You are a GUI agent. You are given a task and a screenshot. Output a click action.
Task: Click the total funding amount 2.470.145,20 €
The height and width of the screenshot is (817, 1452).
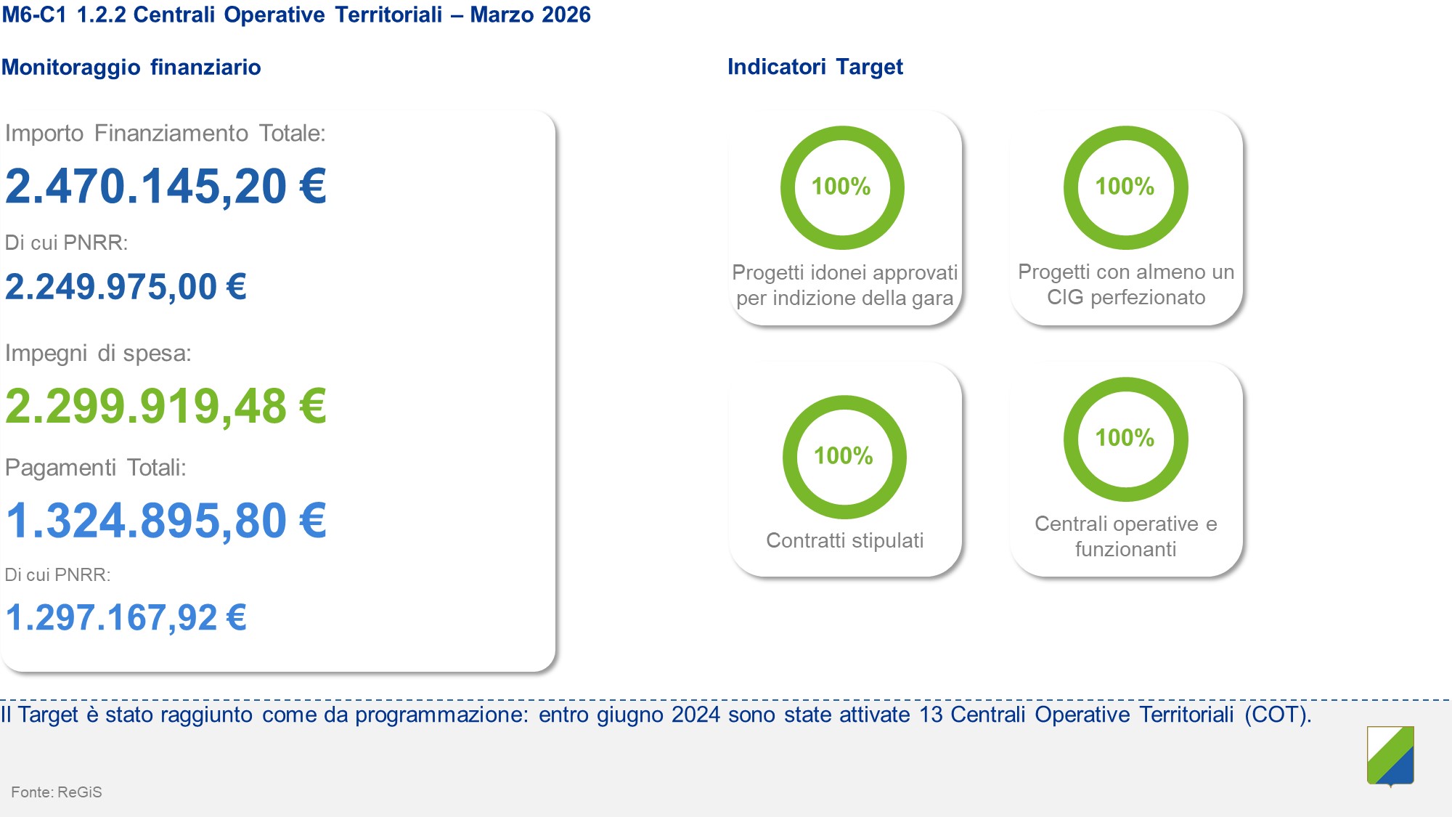point(166,187)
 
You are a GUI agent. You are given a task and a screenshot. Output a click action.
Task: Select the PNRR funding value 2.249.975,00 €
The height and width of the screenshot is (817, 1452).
point(126,287)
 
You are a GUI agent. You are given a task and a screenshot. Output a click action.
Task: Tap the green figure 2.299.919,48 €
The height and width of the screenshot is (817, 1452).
point(166,406)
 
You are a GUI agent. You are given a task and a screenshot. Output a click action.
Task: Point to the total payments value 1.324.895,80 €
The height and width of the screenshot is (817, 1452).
point(166,521)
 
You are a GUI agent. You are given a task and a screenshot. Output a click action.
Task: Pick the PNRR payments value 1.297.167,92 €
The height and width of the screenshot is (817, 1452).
point(126,618)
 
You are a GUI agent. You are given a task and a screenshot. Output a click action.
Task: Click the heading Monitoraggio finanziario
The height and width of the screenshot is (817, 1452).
point(131,67)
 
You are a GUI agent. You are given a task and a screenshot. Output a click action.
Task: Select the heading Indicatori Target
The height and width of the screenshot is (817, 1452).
point(815,67)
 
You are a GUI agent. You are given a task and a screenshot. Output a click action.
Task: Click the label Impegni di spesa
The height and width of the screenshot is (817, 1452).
point(98,354)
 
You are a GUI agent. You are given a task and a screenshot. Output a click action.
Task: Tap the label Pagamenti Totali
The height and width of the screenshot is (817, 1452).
point(96,467)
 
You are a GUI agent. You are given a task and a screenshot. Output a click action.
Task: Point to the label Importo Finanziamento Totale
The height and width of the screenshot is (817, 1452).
point(166,134)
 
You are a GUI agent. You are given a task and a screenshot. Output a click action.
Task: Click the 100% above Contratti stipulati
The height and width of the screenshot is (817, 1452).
point(843,456)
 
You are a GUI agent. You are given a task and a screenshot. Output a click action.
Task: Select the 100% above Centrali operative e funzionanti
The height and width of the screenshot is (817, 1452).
point(1125,438)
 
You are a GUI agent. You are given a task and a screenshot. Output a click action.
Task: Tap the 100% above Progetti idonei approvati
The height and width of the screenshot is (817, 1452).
point(841,187)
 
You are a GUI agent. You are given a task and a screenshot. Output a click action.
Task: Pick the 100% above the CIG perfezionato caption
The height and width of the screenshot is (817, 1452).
point(1125,187)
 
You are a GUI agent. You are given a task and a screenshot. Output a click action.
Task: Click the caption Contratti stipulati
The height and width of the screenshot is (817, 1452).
point(845,540)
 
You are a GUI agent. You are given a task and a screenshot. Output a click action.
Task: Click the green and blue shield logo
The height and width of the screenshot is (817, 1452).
point(1390,756)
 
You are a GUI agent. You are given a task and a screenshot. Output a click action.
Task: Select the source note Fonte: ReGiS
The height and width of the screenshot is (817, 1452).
point(57,792)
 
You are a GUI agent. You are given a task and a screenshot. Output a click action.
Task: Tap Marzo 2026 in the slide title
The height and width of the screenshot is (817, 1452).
point(531,15)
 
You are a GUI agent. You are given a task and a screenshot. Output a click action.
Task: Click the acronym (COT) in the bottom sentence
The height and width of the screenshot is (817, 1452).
point(1278,715)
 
